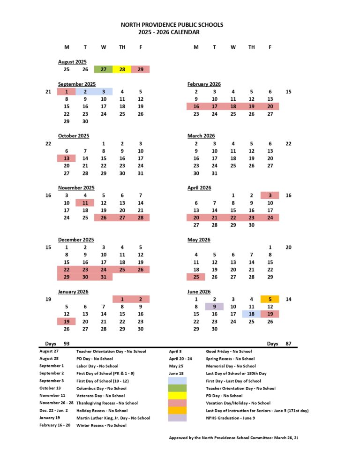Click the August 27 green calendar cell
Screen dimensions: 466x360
pos(103,69)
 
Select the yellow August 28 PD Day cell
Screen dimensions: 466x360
pos(122,69)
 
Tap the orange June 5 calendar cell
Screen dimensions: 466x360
pos(270,299)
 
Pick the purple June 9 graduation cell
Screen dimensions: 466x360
pos(214,307)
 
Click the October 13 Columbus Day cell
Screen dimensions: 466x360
pos(67,158)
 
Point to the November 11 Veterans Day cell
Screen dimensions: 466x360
pos(85,203)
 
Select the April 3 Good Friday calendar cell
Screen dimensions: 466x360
pos(270,195)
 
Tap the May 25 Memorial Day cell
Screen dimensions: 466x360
pos(196,277)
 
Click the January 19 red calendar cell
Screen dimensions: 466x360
pos(67,322)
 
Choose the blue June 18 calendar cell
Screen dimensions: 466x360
pos(251,314)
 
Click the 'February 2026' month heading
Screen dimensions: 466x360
pos(204,84)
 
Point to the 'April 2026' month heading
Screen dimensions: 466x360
pos(199,188)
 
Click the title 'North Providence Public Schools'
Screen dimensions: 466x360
pos(172,25)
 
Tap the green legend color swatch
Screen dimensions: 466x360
pos(177,388)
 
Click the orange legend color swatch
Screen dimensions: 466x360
pos(177,410)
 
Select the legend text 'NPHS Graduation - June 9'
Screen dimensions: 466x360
pos(230,418)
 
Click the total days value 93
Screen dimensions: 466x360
pos(67,344)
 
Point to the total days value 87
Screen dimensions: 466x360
pos(288,344)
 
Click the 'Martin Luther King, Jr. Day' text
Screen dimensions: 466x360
pos(113,418)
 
